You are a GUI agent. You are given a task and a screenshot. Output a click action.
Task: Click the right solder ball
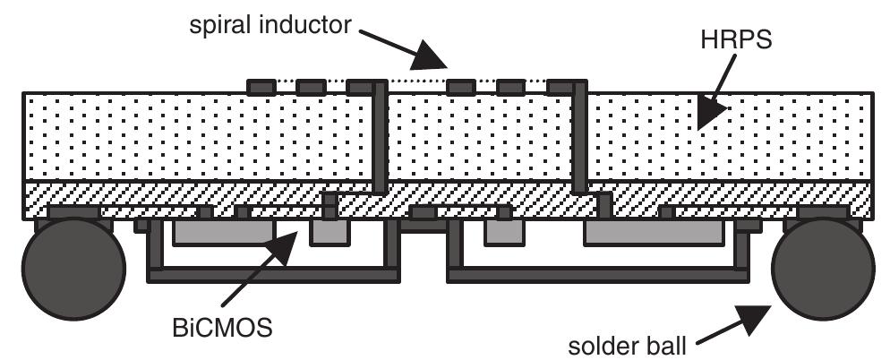click(823, 266)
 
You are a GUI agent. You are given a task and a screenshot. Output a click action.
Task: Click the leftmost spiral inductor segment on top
click(261, 87)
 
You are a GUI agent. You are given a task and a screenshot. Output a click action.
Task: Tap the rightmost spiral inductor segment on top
click(561, 87)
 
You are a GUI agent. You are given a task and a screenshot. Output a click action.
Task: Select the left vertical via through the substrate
click(381, 139)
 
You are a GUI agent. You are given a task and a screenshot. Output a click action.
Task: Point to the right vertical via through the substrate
click(581, 139)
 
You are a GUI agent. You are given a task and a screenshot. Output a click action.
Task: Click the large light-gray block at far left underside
click(224, 234)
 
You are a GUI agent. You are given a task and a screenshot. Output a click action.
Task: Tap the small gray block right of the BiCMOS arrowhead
click(329, 233)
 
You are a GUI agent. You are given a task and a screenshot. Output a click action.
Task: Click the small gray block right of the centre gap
click(501, 233)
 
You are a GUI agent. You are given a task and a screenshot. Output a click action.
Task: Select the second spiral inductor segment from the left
click(311, 87)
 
